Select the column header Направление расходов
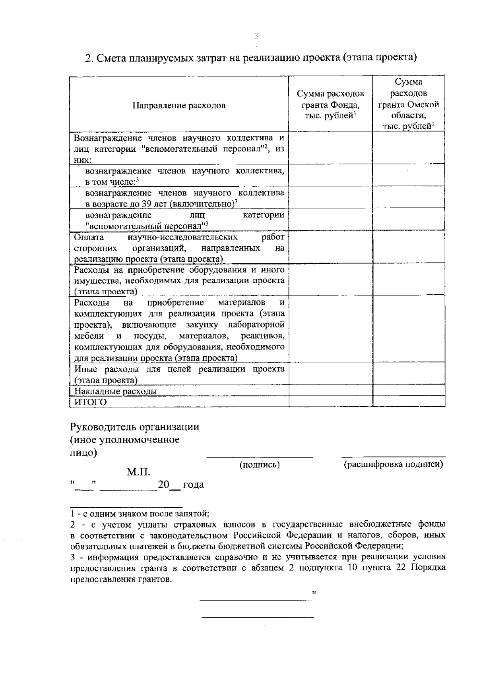(x=179, y=106)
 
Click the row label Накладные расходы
(x=116, y=391)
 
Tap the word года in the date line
(x=193, y=485)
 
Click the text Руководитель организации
(x=135, y=427)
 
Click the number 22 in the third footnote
(x=402, y=568)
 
